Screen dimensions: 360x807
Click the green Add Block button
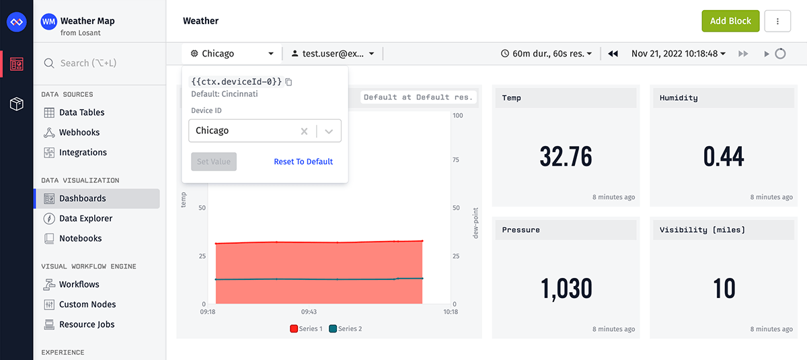[730, 21]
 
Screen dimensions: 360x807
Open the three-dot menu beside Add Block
[778, 21]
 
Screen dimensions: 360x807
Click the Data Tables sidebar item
[81, 112]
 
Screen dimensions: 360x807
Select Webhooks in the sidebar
[79, 133]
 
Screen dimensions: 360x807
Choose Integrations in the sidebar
[83, 153]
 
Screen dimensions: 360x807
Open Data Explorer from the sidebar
[85, 219]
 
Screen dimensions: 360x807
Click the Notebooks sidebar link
[80, 238]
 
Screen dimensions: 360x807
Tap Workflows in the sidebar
[79, 285]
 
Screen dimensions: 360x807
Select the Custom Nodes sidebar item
[87, 305]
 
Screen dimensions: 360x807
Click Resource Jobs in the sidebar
[87, 324]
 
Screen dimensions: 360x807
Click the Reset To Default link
[303, 161]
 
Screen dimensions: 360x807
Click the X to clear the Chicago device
[304, 131]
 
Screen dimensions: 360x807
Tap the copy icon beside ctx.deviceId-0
[289, 82]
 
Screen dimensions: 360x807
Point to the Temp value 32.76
[566, 157]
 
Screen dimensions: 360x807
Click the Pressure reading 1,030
[566, 289]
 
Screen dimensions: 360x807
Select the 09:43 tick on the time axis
[309, 312]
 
